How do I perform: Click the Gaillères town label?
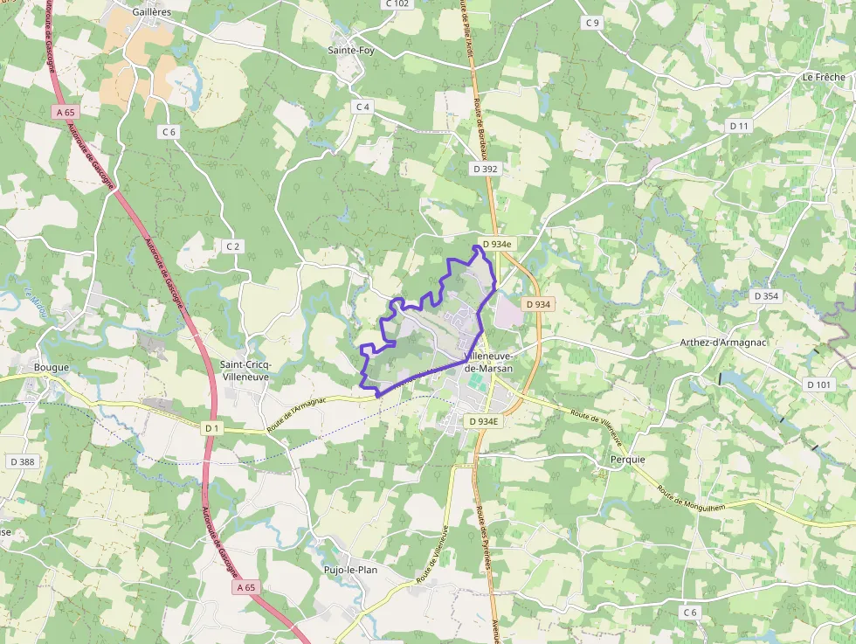click(152, 13)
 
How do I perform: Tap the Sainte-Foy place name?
click(352, 50)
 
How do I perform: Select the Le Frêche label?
click(824, 77)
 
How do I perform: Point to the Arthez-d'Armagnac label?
click(723, 343)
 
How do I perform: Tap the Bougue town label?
click(51, 368)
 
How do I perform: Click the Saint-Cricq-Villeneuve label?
click(247, 370)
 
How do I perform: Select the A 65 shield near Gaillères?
click(66, 112)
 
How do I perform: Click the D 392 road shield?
click(485, 168)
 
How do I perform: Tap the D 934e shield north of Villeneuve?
click(495, 244)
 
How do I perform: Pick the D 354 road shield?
click(765, 296)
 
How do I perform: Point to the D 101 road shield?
click(819, 384)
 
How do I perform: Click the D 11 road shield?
click(739, 126)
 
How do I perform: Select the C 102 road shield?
click(397, 3)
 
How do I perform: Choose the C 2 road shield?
click(232, 246)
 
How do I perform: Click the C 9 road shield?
click(593, 22)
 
